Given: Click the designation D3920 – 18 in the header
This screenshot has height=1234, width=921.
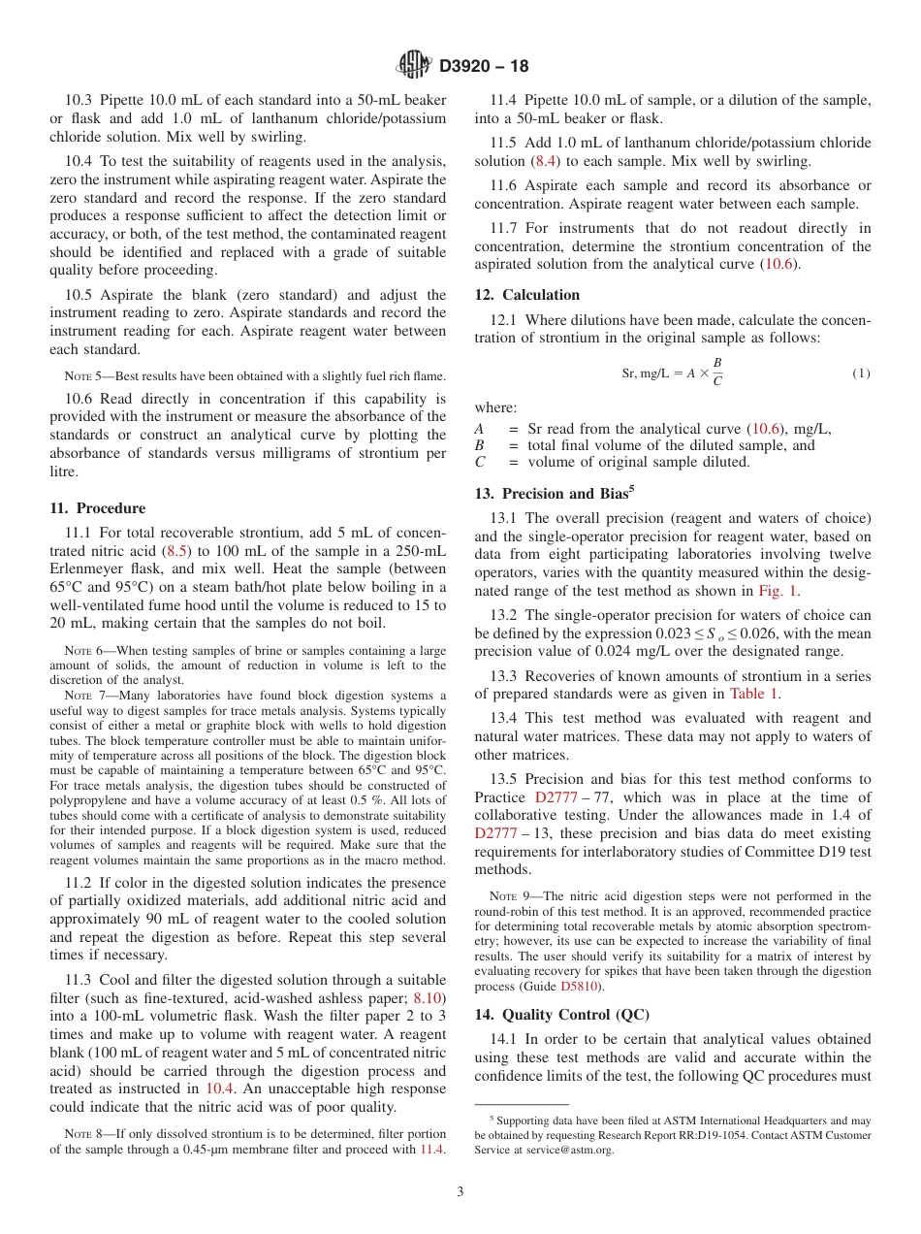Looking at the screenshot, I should click(484, 67).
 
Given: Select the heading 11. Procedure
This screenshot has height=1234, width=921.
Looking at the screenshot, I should click(97, 508).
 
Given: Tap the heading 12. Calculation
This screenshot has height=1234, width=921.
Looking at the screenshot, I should click(526, 295).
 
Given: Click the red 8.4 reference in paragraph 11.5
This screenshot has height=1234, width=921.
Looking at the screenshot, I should click(544, 161).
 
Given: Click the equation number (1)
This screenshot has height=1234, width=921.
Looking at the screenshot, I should click(861, 373).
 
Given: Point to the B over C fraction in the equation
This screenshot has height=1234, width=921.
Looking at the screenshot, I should click(717, 373).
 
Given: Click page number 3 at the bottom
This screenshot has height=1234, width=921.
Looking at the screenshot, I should click(460, 1192).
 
